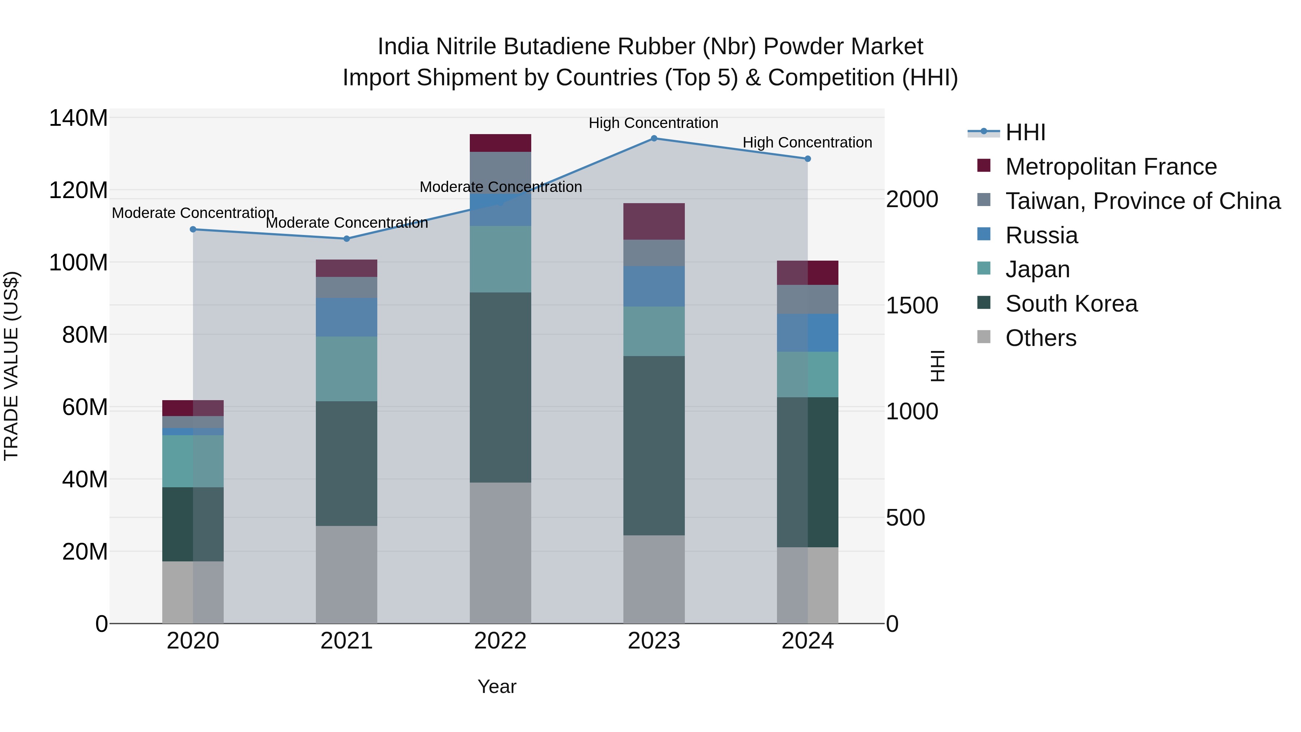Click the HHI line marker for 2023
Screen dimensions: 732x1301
[x=653, y=138]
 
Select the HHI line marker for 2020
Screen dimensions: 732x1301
[x=193, y=229]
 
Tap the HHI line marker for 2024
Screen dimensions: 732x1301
[x=808, y=159]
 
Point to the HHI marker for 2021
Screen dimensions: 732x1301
[x=347, y=239]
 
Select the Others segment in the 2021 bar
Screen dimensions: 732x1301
[x=347, y=574]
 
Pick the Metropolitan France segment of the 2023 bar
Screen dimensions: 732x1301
[x=653, y=221]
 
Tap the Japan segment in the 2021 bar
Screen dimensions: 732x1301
[x=347, y=369]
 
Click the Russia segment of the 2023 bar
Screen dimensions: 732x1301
[x=653, y=286]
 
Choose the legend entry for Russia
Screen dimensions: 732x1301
[x=1042, y=235]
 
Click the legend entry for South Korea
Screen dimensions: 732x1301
[x=1071, y=304]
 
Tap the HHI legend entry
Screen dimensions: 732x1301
[x=1025, y=132]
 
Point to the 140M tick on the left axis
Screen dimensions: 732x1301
[x=78, y=118]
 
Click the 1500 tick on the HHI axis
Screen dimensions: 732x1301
[x=912, y=305]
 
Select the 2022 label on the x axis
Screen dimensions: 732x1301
[x=500, y=641]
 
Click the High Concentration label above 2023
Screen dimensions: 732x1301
[x=653, y=123]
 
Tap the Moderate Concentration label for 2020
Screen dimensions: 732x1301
[x=193, y=213]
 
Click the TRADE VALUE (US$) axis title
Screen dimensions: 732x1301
[x=11, y=366]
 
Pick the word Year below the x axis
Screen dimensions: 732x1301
[x=497, y=686]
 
